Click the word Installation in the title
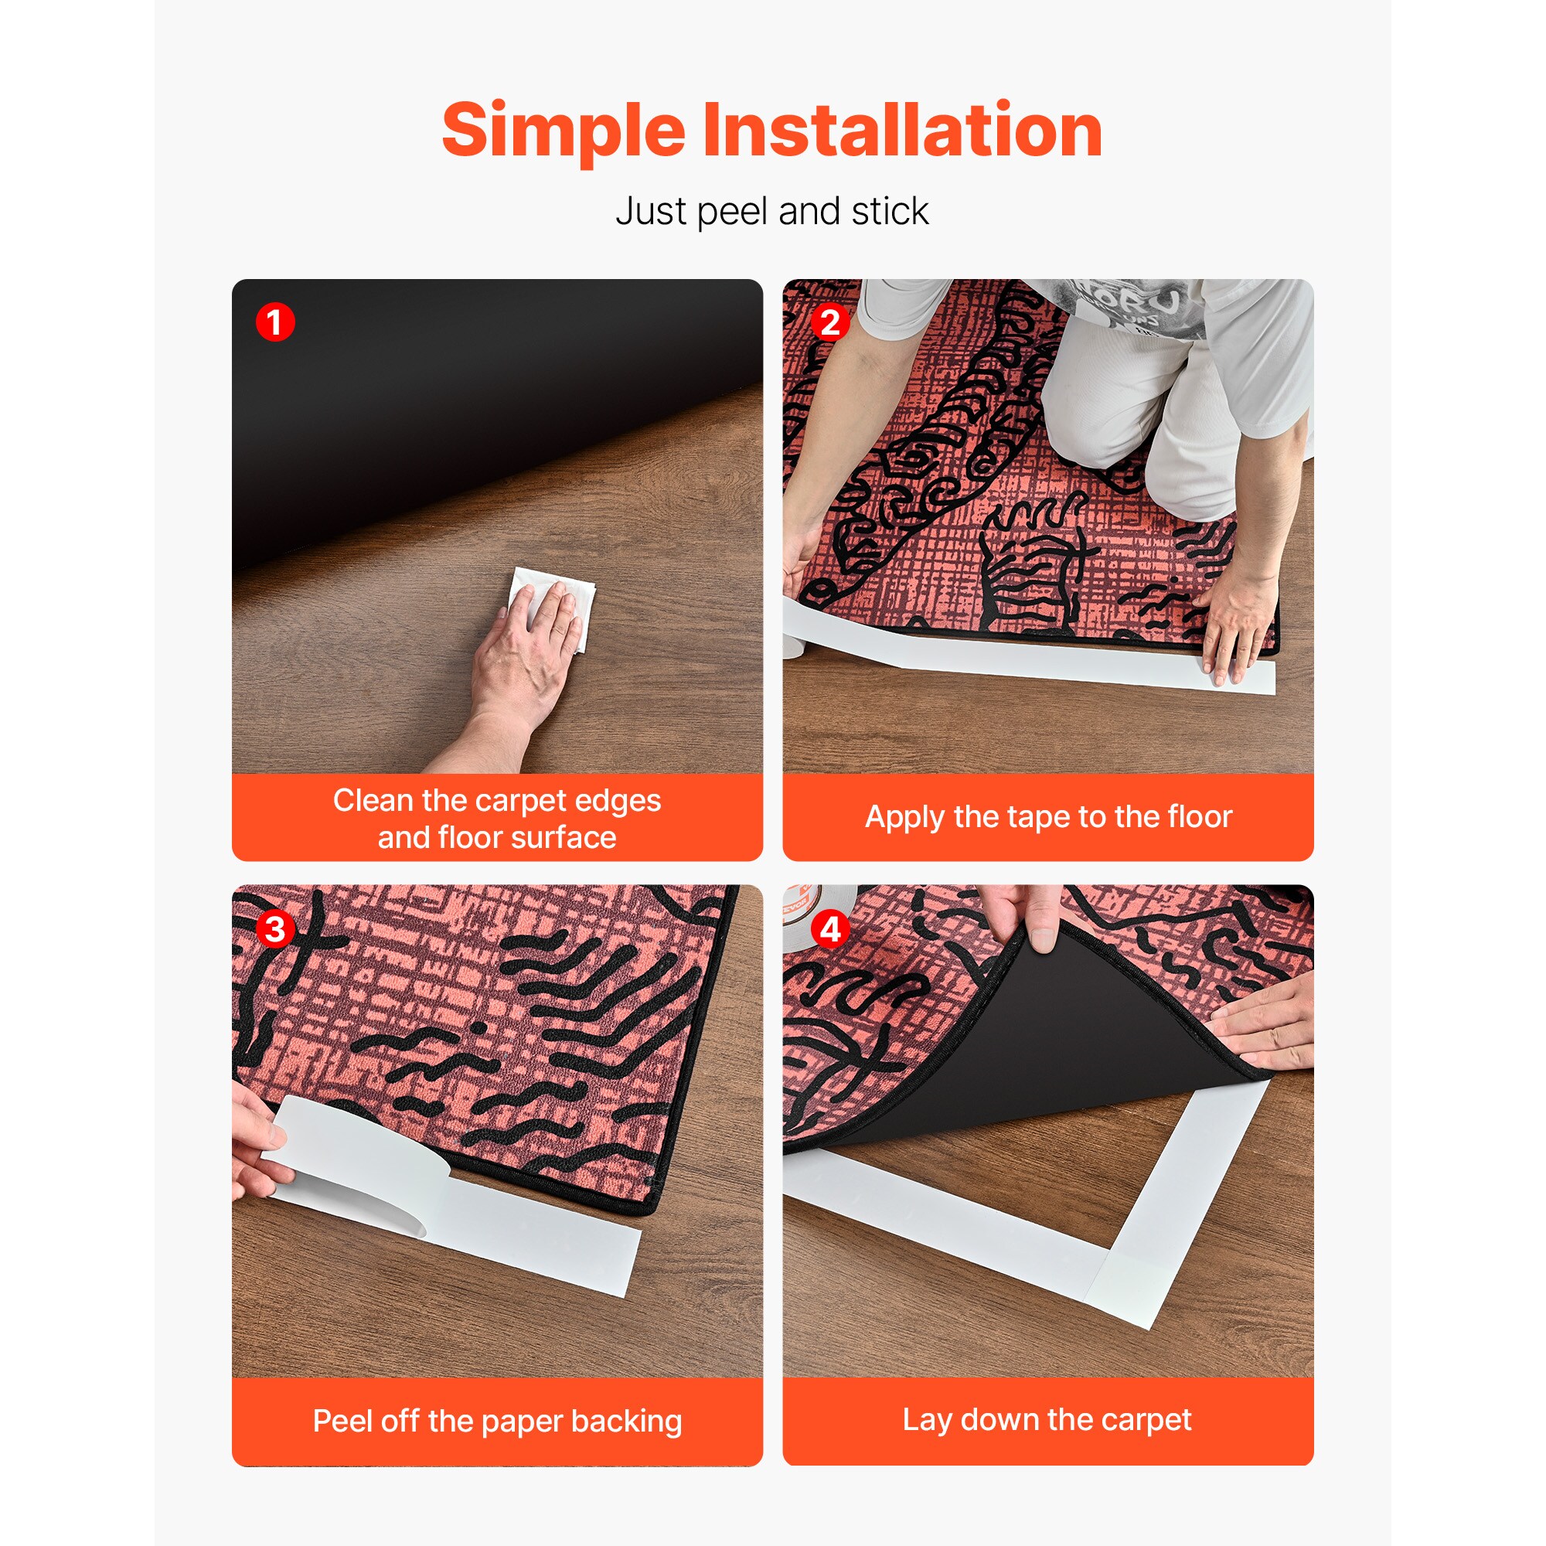903,130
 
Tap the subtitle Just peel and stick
772,212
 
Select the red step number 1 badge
275,322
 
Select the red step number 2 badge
831,322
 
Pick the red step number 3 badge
275,930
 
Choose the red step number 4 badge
831,930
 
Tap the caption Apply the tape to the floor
1048,817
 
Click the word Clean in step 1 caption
373,800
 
